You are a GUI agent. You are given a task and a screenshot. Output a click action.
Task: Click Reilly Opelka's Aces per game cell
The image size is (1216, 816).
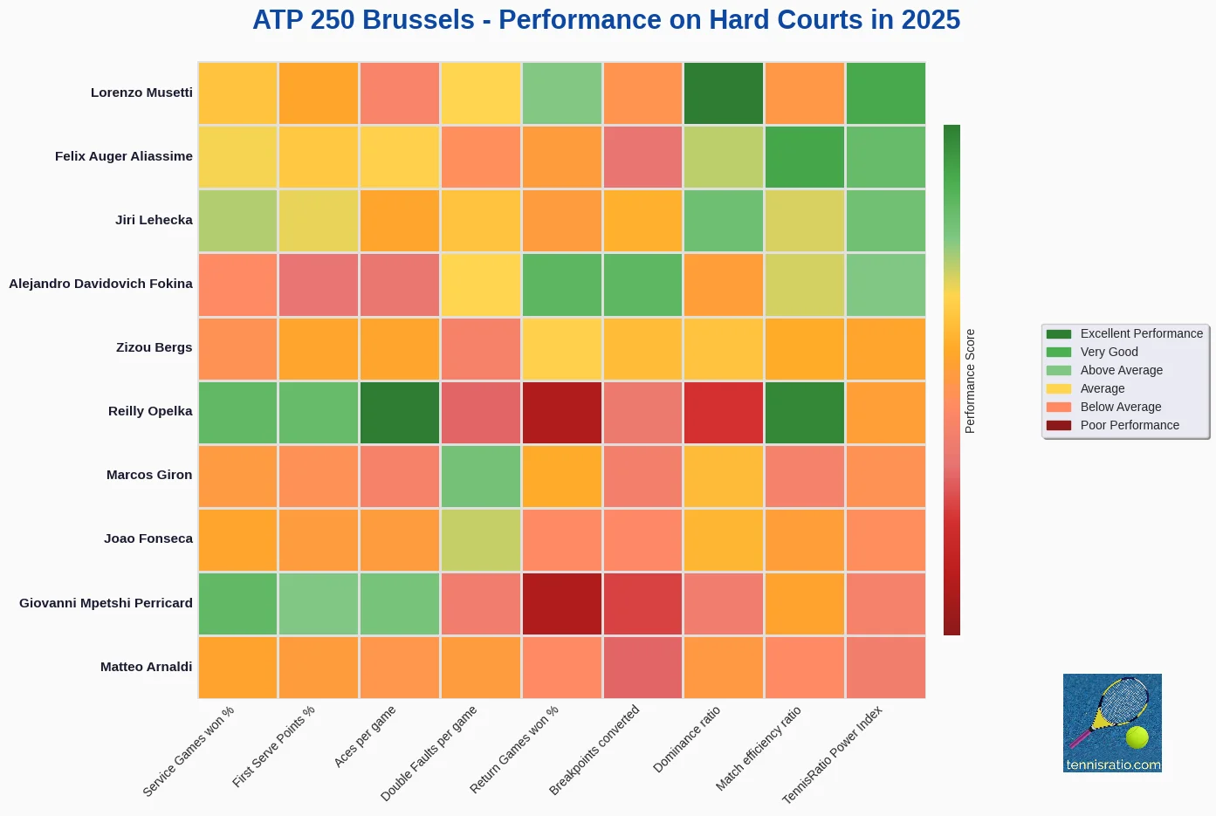400,412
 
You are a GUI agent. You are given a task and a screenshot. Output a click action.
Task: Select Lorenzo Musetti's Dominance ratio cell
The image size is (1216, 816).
724,93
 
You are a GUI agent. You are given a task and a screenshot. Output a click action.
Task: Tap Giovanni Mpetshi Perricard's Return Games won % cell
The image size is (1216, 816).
562,603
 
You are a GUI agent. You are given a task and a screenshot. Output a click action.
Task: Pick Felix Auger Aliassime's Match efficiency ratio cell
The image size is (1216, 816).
805,157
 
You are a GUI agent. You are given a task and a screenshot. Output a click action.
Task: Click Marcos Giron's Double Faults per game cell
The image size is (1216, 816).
481,476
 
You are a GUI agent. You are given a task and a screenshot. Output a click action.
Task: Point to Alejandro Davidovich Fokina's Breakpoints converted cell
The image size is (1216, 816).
642,285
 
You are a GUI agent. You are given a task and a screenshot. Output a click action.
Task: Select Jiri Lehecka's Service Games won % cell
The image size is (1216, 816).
237,221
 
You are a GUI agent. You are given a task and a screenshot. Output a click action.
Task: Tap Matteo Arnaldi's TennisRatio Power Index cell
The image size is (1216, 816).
885,667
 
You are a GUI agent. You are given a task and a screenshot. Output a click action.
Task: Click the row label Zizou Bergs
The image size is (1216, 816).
154,347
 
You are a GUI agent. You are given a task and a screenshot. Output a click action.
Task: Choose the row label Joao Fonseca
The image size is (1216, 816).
148,538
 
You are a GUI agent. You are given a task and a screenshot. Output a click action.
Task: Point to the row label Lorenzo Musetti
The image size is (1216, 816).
141,93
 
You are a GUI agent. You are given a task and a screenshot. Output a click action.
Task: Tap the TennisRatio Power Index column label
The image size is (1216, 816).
832,755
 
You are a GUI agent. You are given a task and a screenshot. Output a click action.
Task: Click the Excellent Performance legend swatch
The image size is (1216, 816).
1058,334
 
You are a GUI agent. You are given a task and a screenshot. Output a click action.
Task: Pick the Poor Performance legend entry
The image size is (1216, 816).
1130,426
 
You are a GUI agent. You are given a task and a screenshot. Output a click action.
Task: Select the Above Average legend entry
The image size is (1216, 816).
1121,371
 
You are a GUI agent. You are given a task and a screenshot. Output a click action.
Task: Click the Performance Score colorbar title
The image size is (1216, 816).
970,381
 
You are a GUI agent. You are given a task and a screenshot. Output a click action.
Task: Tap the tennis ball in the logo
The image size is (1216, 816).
1137,737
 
